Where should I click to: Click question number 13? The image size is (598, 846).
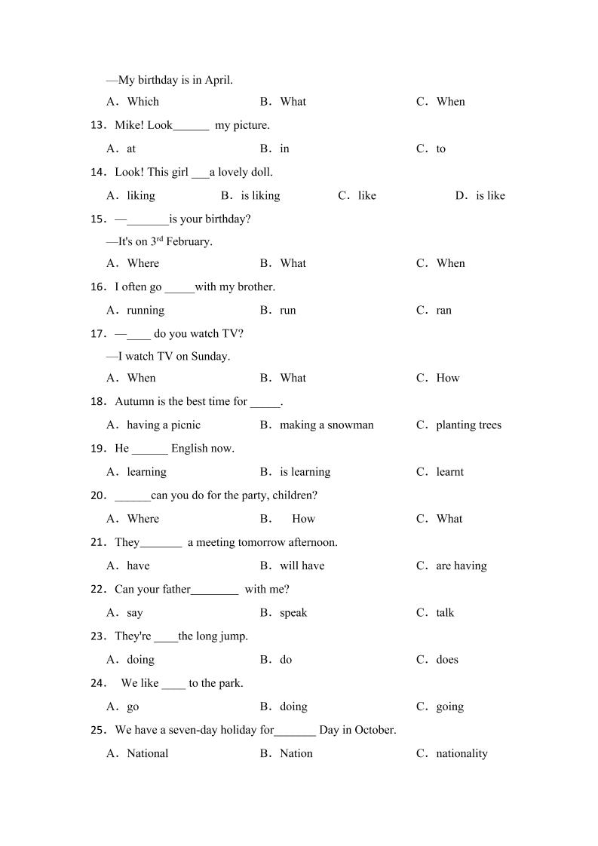(98, 125)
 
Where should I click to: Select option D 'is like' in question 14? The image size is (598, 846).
(490, 196)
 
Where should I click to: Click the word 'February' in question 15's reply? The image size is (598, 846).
(189, 242)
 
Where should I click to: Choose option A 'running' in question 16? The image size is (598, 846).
(146, 311)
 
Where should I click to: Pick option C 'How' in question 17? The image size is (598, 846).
(447, 379)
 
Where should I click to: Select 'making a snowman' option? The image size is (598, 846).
(327, 425)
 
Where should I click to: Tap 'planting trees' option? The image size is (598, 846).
(468, 425)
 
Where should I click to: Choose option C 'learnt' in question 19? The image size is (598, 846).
(449, 472)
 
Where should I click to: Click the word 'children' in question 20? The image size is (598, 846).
(293, 495)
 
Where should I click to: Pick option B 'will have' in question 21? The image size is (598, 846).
(302, 566)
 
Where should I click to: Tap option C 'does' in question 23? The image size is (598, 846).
(447, 660)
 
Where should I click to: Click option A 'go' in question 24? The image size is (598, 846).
(133, 707)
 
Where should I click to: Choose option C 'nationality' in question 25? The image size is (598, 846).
(462, 754)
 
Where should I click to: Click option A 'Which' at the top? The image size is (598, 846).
(143, 102)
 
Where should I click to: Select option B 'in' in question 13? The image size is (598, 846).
(284, 149)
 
